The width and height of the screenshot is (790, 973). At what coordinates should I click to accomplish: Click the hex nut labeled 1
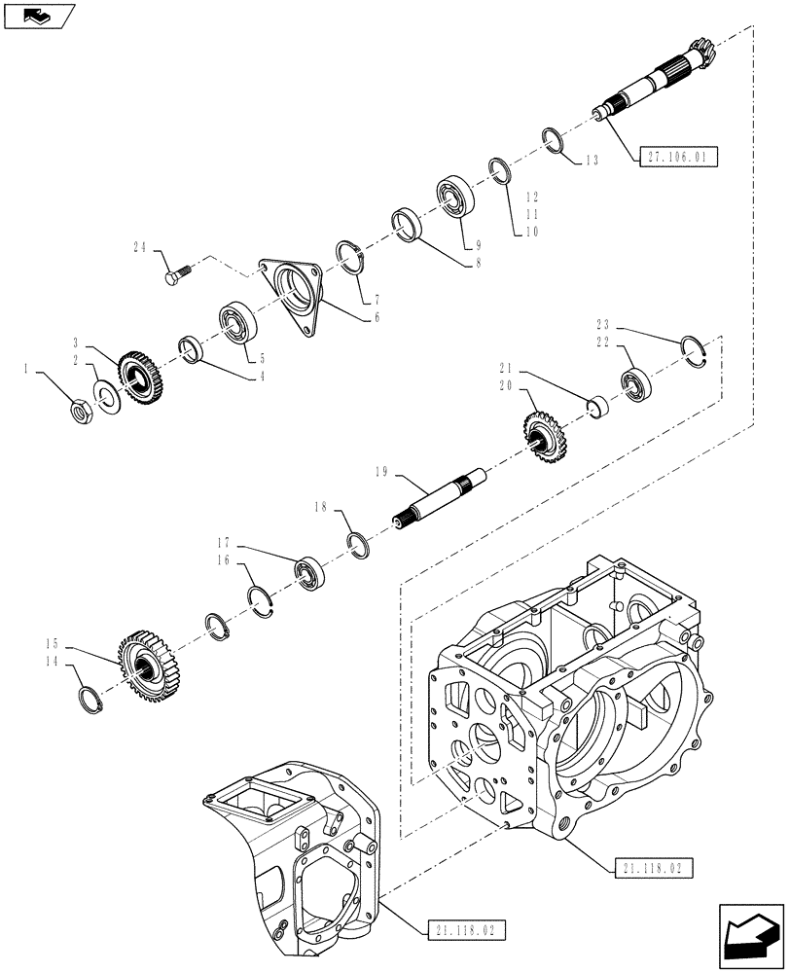(83, 413)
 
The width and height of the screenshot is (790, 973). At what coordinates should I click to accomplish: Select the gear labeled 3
(139, 377)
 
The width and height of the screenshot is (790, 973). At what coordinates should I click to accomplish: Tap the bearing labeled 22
(638, 385)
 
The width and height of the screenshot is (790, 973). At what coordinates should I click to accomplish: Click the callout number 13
(592, 161)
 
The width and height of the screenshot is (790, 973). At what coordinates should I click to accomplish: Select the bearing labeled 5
(235, 324)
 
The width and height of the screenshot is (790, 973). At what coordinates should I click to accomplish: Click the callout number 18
(320, 508)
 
